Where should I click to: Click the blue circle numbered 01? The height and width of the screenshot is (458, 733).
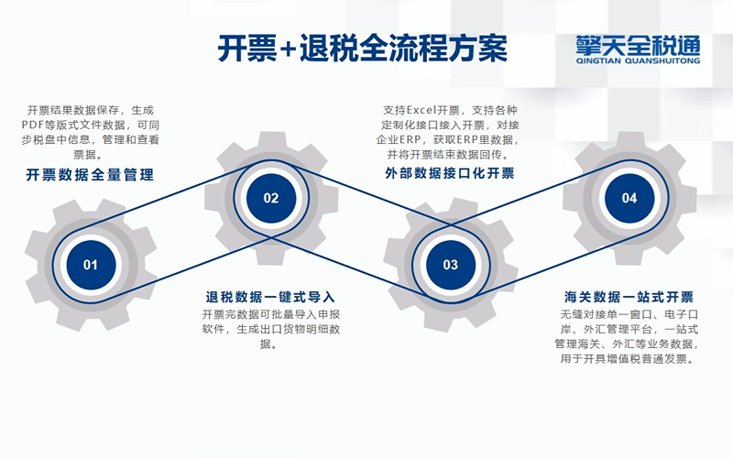point(91,265)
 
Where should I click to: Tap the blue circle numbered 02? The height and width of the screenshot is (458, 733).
point(271,198)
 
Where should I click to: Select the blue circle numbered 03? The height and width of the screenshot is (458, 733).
point(451,265)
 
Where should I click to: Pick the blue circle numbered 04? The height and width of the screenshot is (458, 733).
point(629,198)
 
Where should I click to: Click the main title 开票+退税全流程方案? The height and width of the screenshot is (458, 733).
point(363,49)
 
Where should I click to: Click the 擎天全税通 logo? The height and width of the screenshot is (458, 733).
point(638,45)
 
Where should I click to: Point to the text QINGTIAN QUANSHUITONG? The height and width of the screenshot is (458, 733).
point(638,60)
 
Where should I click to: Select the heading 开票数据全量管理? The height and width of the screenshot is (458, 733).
point(90,175)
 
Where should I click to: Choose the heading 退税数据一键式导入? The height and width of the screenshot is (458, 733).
point(270,297)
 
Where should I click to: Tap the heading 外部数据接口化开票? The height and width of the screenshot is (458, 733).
point(450,173)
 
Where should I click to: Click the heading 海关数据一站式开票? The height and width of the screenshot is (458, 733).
point(629,297)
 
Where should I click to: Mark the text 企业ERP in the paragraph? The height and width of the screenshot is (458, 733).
point(399,140)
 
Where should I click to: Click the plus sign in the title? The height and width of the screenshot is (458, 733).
point(288,49)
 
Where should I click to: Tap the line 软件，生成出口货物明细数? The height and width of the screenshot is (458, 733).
point(271,329)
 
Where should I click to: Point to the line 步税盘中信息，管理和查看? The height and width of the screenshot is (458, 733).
point(90,140)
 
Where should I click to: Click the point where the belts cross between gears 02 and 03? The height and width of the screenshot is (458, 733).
point(271,236)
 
